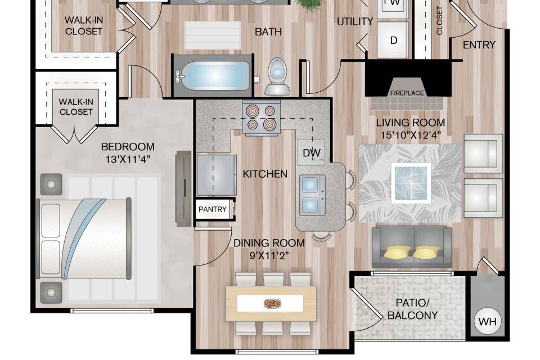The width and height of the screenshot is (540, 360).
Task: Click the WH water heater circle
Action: [x=487, y=321]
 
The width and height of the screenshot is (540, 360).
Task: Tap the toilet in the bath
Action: [x=277, y=76]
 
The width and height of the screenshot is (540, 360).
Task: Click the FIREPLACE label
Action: [x=407, y=93]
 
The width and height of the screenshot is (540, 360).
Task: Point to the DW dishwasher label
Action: [x=311, y=153]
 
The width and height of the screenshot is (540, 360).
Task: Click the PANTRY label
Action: [x=213, y=209]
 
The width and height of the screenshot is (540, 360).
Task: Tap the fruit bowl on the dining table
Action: [x=272, y=304]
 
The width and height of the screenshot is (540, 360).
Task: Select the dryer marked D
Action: [x=393, y=40]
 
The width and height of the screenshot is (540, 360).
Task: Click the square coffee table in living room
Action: [x=411, y=183]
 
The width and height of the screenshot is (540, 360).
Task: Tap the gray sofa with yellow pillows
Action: [x=412, y=247]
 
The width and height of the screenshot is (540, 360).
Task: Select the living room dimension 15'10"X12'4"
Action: [x=411, y=135]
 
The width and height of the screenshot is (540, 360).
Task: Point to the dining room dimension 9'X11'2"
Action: [x=269, y=255]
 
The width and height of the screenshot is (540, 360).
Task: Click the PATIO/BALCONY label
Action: [x=412, y=309]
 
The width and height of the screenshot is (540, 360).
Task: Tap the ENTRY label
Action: [x=479, y=45]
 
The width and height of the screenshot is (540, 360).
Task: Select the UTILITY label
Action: [x=355, y=22]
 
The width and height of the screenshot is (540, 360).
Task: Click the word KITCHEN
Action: [x=265, y=174]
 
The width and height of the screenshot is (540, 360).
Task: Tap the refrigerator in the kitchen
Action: [x=216, y=175]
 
